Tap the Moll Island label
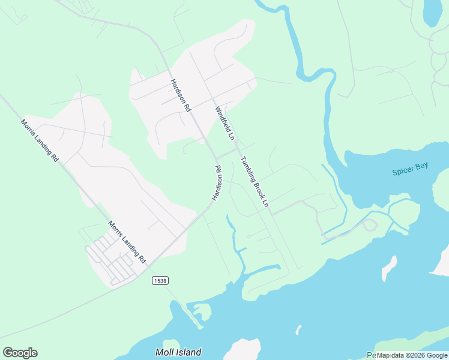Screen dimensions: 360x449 178,352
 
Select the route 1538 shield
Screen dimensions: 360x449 160,280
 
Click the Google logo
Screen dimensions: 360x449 20,353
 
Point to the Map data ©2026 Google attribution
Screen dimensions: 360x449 412,355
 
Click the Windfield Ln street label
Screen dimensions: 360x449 224,123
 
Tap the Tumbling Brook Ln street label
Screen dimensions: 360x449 254,182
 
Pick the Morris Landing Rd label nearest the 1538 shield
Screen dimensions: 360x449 127,242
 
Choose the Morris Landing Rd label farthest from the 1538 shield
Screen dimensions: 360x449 40,140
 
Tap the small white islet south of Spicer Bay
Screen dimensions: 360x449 390,268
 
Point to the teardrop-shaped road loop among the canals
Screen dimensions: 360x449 369,225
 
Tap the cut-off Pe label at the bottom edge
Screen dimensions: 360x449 371,355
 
